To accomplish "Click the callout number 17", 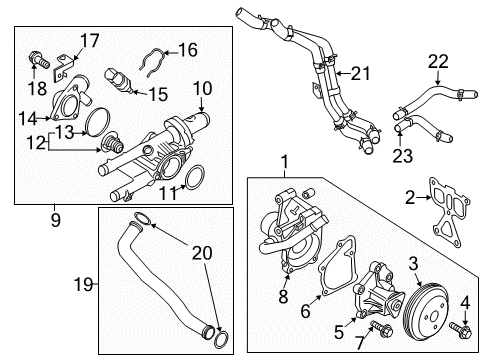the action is pos(90,41).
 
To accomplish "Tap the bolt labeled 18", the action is pos(38,59).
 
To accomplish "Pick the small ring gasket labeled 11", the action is pos(195,178).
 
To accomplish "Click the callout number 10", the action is pos(202,89).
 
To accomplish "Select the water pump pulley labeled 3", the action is pos(426,309).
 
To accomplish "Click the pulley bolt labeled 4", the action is pos(461,329).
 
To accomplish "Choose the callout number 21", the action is pos(361,73).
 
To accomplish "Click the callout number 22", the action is pos(438,61).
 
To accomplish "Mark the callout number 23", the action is pos(403,155).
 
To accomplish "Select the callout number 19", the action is pos(83,284).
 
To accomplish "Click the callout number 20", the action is pos(202,253).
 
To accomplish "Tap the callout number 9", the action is pos(56,220).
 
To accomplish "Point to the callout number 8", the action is pos(283,296).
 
